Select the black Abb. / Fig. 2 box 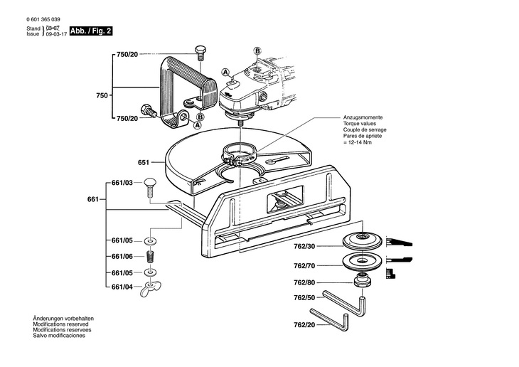(x=90, y=31)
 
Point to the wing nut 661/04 (x=150, y=288)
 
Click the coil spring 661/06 (x=150, y=256)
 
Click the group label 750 (x=102, y=95)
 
